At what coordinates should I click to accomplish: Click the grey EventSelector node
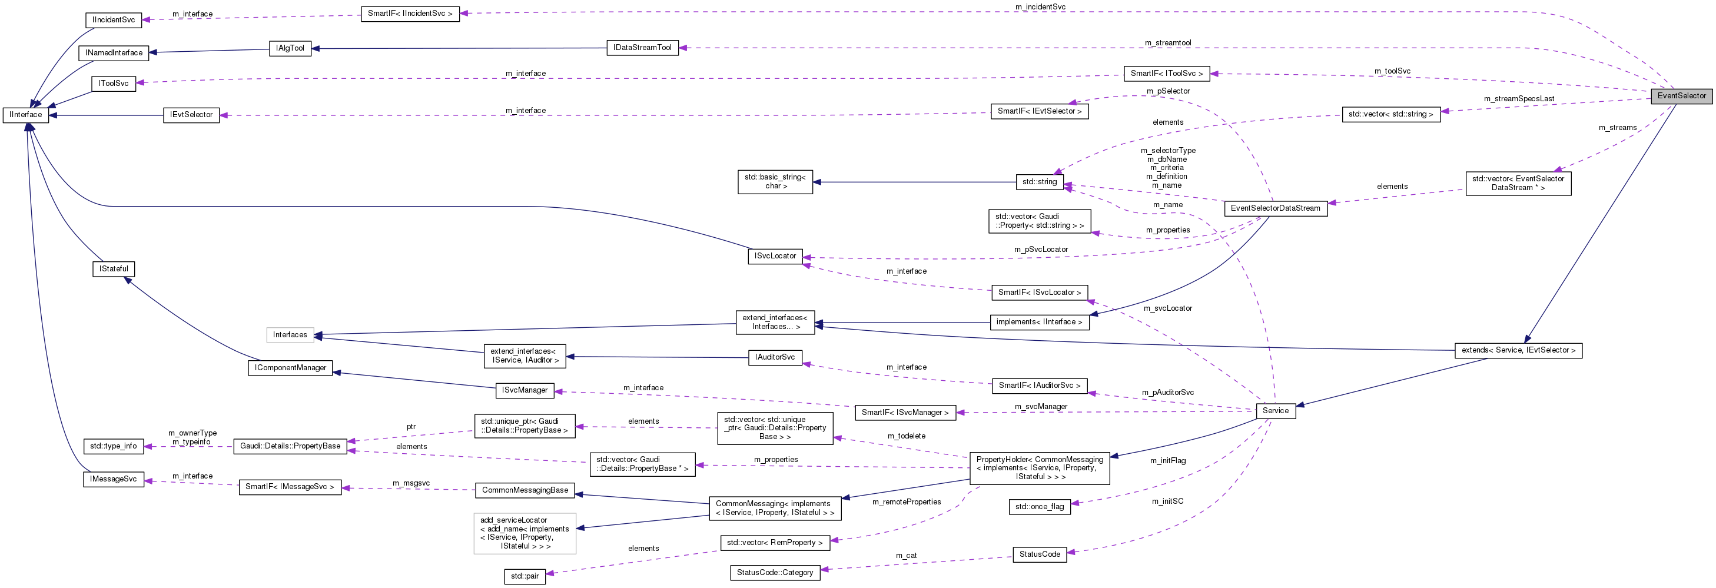[1681, 96]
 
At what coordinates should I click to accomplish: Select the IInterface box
[25, 115]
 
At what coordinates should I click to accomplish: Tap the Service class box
[1275, 411]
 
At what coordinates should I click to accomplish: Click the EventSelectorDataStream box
[1275, 208]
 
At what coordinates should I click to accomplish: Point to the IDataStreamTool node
[642, 48]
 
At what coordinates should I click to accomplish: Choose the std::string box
[1039, 182]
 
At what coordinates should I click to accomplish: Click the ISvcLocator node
[775, 257]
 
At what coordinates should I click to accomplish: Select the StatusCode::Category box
[775, 573]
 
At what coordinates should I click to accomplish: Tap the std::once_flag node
[1039, 507]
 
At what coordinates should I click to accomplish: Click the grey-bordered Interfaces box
[290, 335]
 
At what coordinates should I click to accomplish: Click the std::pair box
[525, 576]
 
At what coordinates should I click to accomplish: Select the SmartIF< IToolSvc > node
[1166, 73]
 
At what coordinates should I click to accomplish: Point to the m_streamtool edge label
[1168, 42]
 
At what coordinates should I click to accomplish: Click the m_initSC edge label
[1167, 501]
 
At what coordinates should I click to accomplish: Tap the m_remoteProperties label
[906, 502]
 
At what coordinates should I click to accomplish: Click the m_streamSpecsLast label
[1519, 98]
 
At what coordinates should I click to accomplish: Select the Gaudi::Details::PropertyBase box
[290, 446]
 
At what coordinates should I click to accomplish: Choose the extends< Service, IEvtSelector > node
[1518, 350]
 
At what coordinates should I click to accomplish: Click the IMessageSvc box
[113, 480]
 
